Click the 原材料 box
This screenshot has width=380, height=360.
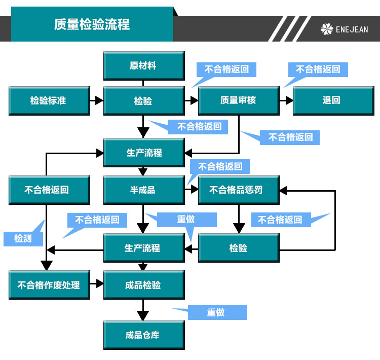143,66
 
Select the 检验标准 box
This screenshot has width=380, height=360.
49,100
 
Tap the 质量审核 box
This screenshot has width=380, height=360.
238,100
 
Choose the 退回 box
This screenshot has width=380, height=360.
332,100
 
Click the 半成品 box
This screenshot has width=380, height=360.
143,190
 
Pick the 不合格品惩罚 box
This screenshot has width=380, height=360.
238,190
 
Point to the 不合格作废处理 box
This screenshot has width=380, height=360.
49,285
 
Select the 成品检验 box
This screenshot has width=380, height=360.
143,285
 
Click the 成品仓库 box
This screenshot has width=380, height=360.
143,335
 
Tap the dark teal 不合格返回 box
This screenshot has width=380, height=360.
49,190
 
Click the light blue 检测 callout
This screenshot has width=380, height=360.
22,238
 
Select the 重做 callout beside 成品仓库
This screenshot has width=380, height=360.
217,312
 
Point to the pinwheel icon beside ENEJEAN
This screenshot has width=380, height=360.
327,29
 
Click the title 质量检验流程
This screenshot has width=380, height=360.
92,24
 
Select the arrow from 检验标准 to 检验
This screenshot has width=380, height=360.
96,100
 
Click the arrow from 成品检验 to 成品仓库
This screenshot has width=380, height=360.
143,309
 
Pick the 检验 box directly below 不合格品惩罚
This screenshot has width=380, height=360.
238,248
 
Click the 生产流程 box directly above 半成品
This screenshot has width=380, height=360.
143,153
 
